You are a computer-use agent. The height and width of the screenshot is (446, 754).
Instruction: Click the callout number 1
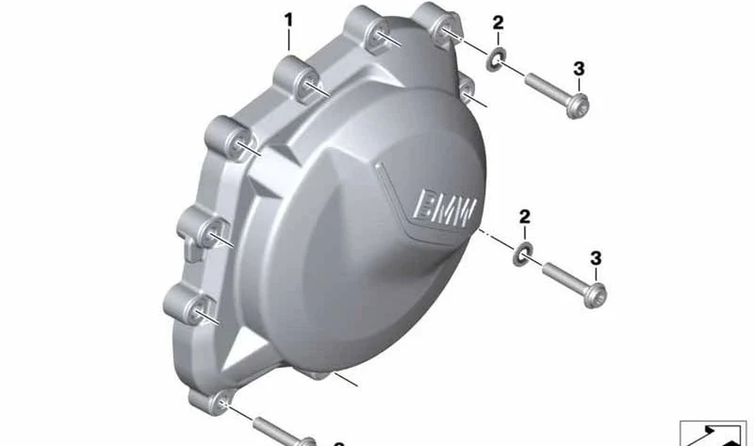[x=288, y=21]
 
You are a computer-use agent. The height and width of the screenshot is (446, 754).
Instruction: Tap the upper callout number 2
[x=498, y=23]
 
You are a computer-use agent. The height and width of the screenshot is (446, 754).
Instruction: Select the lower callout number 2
[x=525, y=217]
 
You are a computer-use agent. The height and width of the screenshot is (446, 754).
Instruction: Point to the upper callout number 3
[x=579, y=69]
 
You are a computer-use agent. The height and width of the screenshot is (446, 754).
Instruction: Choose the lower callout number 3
[x=596, y=258]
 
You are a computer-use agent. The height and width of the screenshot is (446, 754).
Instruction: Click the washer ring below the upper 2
[x=496, y=59]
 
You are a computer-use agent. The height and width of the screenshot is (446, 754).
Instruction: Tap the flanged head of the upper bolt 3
[x=577, y=106]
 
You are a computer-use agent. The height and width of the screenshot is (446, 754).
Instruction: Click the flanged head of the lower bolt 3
[x=595, y=294]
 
